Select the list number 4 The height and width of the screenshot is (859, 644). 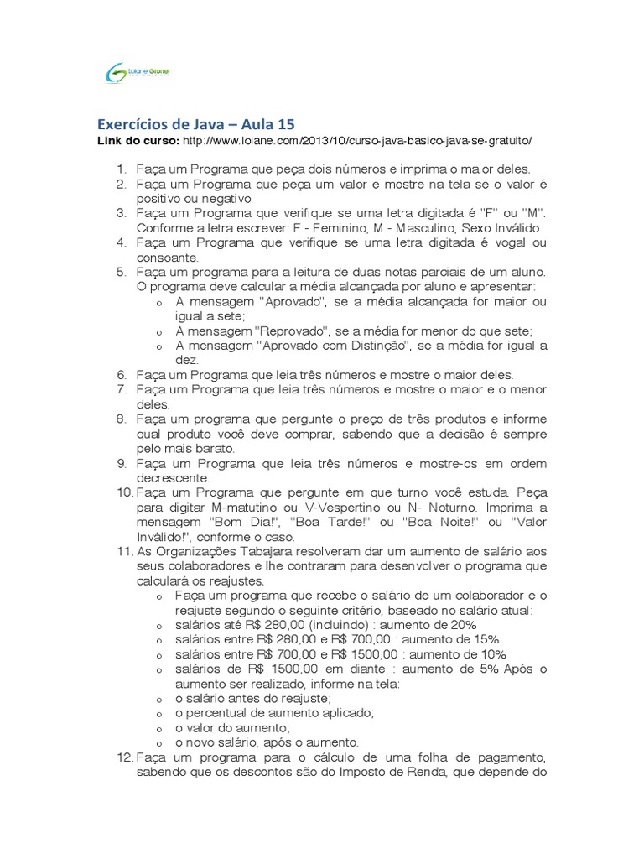pos(121,243)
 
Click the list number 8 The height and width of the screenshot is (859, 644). pos(121,419)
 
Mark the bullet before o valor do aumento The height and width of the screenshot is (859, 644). pos(159,728)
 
